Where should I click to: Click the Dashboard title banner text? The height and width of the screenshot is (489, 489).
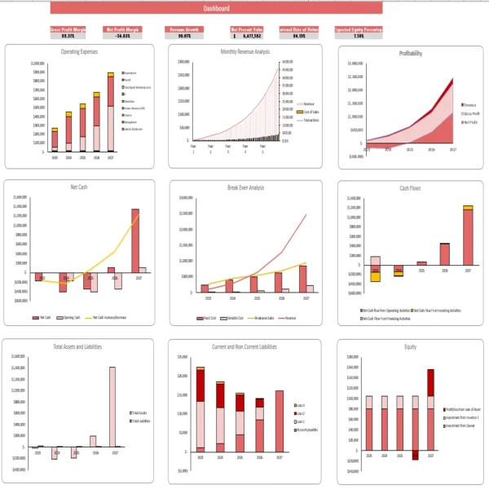[216, 8]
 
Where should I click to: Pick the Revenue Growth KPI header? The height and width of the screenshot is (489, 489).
[184, 29]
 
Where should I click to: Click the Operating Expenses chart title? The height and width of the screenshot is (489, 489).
[80, 52]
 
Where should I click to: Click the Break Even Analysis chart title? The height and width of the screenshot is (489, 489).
[245, 187]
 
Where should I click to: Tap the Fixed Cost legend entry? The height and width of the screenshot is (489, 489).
[214, 317]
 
